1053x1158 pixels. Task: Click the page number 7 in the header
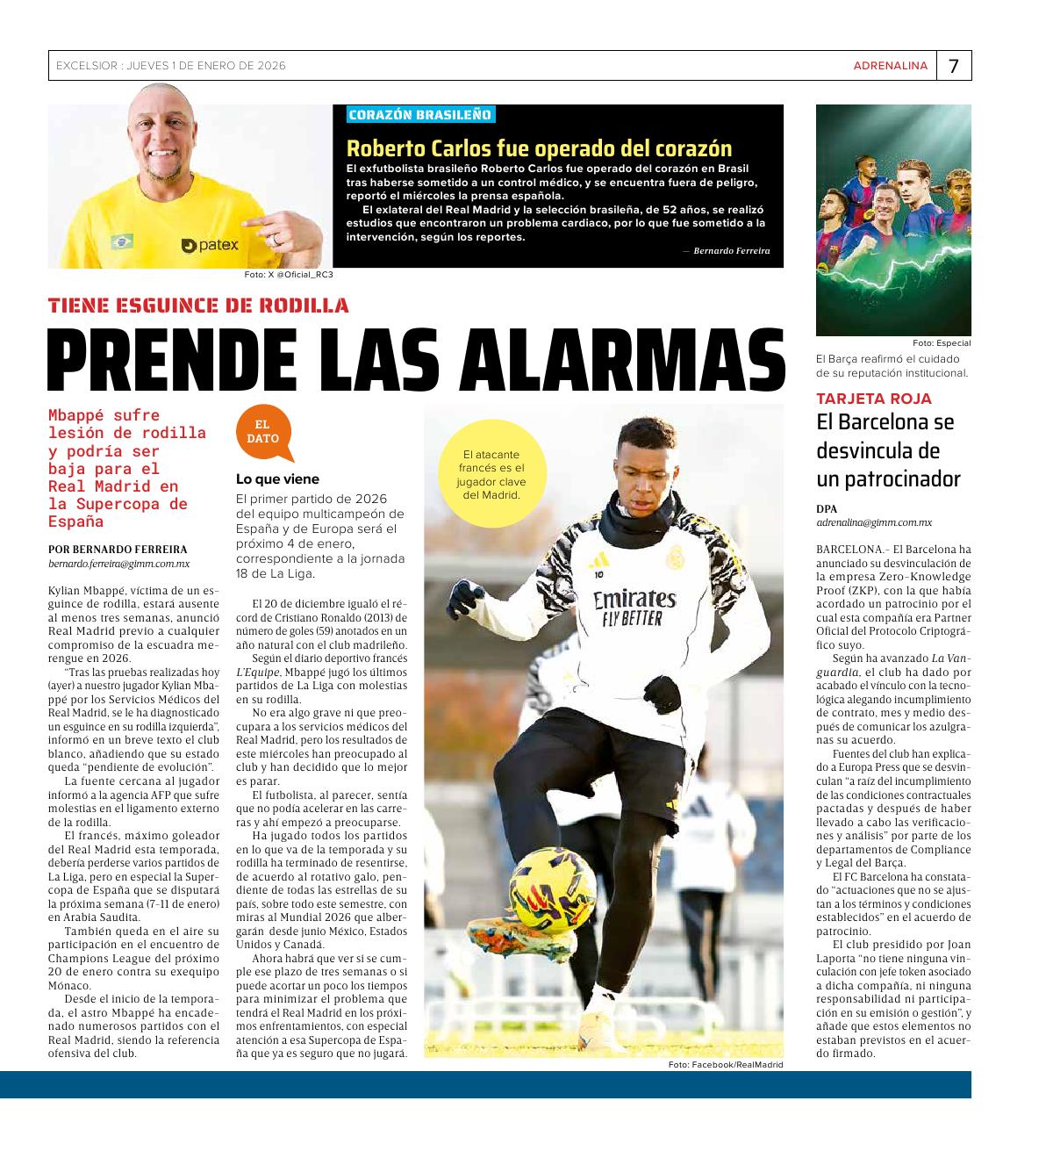953,66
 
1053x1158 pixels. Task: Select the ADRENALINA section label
890,66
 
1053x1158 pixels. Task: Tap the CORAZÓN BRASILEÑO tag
420,115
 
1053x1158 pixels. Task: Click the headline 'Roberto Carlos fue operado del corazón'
539,147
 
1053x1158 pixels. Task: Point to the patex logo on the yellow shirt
211,246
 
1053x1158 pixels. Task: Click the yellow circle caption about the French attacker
491,474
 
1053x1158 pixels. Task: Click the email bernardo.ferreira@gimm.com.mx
119,565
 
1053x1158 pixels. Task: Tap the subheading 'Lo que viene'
277,479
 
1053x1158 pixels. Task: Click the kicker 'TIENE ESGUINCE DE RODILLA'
199,306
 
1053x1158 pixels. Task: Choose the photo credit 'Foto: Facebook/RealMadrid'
725,1065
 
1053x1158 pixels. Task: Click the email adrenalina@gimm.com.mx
874,522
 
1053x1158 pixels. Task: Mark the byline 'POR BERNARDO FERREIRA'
118,550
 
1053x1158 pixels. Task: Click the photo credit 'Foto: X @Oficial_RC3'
289,275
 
